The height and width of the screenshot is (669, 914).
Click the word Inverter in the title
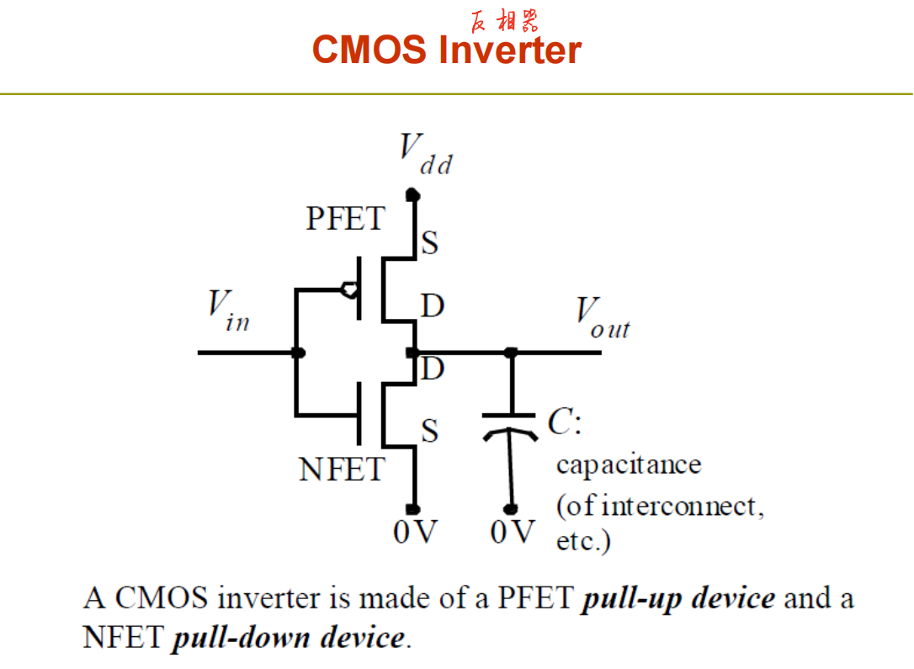click(510, 50)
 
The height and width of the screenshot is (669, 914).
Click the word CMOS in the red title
click(369, 50)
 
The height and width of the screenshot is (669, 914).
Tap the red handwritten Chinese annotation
click(504, 21)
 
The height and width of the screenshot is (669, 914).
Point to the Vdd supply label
click(426, 154)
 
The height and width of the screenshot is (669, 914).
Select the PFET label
click(346, 219)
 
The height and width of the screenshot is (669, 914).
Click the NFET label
click(343, 469)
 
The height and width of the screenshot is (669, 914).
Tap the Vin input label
click(229, 311)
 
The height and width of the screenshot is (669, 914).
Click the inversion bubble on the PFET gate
click(349, 289)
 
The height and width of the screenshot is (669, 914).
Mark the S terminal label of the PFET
click(430, 242)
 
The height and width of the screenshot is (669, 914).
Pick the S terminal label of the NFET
click(430, 431)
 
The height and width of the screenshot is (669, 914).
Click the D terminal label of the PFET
click(433, 305)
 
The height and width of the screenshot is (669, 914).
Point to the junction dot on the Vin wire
click(298, 353)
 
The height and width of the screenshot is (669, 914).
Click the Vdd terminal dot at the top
click(412, 194)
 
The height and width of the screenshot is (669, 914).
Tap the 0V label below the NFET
click(415, 532)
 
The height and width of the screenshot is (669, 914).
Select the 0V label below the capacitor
click(513, 532)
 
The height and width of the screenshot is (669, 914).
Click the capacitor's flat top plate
click(509, 416)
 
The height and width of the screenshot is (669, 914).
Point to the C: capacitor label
click(564, 421)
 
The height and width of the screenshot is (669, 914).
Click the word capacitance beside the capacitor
click(629, 465)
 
